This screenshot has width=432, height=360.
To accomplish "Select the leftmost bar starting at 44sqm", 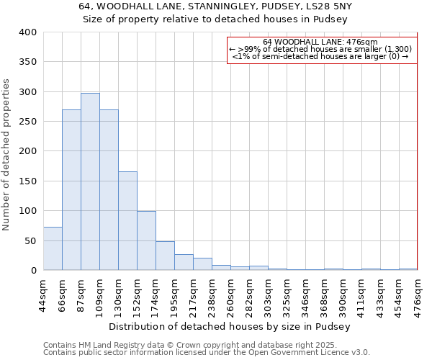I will tap(53, 248).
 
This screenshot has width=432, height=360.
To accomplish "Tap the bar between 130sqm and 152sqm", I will tap(127, 220).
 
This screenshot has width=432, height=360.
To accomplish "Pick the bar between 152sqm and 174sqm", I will tap(146, 240).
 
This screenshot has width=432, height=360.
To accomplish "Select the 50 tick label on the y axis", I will tap(30, 240).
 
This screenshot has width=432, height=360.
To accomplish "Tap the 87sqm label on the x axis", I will tap(81, 294).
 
